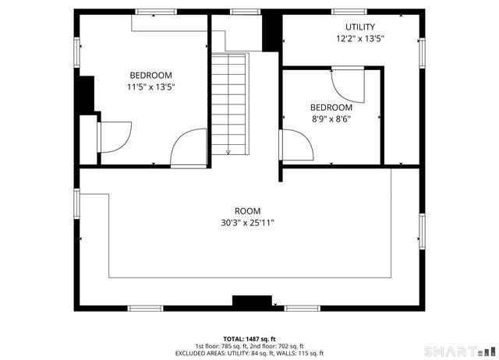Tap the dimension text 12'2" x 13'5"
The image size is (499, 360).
click(x=359, y=38)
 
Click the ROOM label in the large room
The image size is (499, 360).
click(x=248, y=211)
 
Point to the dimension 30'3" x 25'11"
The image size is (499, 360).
click(x=248, y=223)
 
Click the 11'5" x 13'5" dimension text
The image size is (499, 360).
click(x=150, y=87)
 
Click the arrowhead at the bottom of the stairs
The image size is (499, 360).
click(x=229, y=151)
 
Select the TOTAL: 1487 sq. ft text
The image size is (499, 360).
click(x=249, y=338)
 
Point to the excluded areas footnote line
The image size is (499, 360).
click(x=249, y=353)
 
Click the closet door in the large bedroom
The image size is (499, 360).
click(x=115, y=137)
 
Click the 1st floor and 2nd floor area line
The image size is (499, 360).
click(x=249, y=346)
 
